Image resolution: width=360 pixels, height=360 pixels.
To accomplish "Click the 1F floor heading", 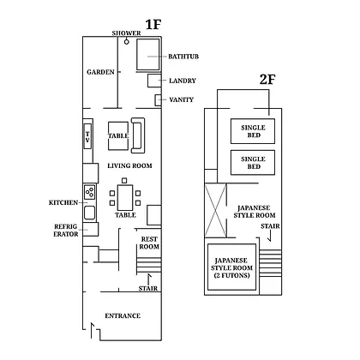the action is click(x=153, y=24).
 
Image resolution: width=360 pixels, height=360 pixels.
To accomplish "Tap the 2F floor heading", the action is click(x=267, y=79).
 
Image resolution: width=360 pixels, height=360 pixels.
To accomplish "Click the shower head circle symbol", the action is click(x=127, y=42).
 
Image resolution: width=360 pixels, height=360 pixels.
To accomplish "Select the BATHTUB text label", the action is click(x=183, y=57).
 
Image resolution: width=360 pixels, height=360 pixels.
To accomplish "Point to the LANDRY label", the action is click(x=183, y=81).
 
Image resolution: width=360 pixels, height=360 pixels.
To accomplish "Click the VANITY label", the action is click(x=182, y=99).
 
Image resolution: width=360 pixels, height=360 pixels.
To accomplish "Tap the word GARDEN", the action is click(x=100, y=72).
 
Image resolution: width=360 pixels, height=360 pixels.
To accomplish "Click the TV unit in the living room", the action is click(x=87, y=136).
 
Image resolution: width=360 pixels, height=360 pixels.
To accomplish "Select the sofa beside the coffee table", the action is click(x=138, y=135).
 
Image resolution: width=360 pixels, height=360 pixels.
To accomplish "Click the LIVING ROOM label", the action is click(x=129, y=165).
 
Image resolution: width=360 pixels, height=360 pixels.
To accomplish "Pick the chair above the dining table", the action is click(x=124, y=181).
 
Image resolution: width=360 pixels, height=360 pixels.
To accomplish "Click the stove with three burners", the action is click(x=90, y=192).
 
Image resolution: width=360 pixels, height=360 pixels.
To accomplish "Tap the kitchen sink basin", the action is click(x=89, y=213).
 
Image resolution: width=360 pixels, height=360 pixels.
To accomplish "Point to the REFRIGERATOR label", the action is click(x=66, y=231).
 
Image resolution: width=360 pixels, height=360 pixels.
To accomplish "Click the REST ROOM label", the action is click(x=149, y=243).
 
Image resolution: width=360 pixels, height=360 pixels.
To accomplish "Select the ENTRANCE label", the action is click(x=123, y=315).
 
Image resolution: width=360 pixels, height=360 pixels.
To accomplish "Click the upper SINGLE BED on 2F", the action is click(x=253, y=131).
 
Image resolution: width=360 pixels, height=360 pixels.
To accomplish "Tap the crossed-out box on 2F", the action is click(x=216, y=211).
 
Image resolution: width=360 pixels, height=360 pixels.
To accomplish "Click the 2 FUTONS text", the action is click(x=231, y=275).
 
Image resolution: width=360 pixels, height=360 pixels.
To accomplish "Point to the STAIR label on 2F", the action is click(x=270, y=226).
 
